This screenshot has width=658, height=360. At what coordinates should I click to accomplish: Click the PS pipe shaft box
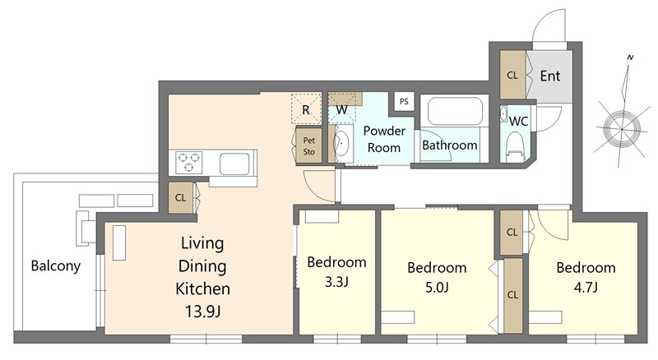point(404,101)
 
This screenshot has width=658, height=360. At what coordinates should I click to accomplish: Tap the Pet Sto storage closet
point(309,145)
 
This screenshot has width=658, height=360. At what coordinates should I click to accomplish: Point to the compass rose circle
point(622,129)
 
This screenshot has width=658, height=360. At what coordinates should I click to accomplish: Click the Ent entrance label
point(549,76)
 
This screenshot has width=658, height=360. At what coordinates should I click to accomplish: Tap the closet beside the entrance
point(512,75)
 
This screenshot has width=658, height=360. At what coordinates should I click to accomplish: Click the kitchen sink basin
point(234,164)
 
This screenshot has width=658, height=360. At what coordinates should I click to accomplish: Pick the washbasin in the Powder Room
point(342,143)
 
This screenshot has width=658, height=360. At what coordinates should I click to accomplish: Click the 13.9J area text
point(202,312)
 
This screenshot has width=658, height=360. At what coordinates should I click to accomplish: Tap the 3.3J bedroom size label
point(336,282)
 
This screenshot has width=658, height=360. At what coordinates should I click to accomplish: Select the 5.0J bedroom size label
point(437,288)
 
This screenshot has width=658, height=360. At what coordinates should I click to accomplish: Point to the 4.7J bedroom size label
point(586,288)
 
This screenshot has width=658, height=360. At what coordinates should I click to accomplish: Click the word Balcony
point(56,266)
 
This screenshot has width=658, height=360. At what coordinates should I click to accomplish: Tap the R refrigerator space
point(306,108)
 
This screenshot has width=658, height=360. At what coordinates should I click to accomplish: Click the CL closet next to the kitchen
point(180,197)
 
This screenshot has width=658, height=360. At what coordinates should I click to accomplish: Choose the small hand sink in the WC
point(503,113)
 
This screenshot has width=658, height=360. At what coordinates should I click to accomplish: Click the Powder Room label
point(384,139)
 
